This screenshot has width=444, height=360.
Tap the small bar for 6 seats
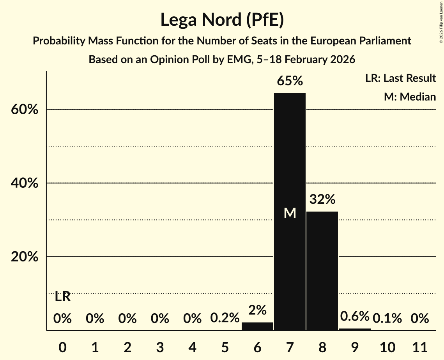tap(257, 326)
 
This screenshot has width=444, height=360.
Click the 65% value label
tap(290, 81)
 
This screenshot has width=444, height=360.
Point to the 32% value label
tap(322, 199)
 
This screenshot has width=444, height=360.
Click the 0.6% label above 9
tap(354, 316)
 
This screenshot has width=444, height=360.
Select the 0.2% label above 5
tap(225, 318)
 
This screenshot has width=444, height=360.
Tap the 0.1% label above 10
tap(387, 318)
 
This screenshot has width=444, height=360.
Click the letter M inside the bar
tap(290, 213)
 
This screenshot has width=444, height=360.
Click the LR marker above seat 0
tap(62, 297)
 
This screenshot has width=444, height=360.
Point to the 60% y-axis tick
tap(24, 109)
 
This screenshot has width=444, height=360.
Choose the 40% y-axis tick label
tap(24, 183)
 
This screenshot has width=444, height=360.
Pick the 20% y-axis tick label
tap(24, 257)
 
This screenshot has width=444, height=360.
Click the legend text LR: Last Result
tap(400, 78)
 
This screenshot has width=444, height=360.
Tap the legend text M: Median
tap(410, 97)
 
